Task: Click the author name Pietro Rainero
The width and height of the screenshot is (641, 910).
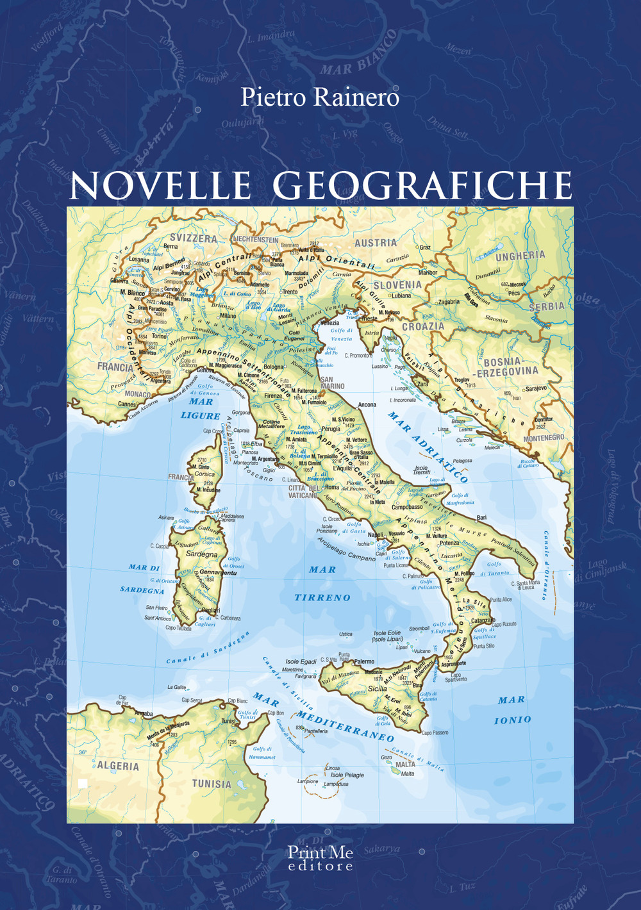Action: tap(320, 97)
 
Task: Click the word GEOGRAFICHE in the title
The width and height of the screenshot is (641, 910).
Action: tap(422, 185)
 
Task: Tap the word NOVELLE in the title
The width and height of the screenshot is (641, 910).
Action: tap(160, 185)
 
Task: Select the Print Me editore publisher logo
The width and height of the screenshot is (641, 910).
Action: tap(320, 858)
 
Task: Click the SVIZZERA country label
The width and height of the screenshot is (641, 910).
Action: tap(193, 238)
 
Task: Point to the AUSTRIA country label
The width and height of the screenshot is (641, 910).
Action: tap(376, 243)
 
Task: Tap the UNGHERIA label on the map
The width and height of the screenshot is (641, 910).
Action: tap(520, 256)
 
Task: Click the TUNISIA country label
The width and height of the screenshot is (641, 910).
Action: tap(212, 783)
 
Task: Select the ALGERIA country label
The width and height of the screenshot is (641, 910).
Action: tap(118, 766)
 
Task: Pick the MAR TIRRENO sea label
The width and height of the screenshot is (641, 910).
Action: tap(322, 583)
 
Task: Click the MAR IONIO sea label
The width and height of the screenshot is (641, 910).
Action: tap(512, 710)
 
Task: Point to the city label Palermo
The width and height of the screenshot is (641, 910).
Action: tap(364, 661)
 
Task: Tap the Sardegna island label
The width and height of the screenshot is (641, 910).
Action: tap(201, 554)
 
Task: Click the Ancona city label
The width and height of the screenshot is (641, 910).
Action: tap(367, 405)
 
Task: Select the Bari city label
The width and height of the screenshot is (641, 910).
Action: tap(481, 517)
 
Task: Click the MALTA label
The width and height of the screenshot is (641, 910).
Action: tap(405, 764)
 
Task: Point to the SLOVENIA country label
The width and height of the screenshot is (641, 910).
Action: tap(397, 285)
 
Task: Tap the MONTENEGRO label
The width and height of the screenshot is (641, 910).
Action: tap(544, 438)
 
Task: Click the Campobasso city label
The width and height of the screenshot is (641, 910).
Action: tap(407, 507)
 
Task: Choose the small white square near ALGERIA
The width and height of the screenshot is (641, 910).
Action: tap(83, 782)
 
